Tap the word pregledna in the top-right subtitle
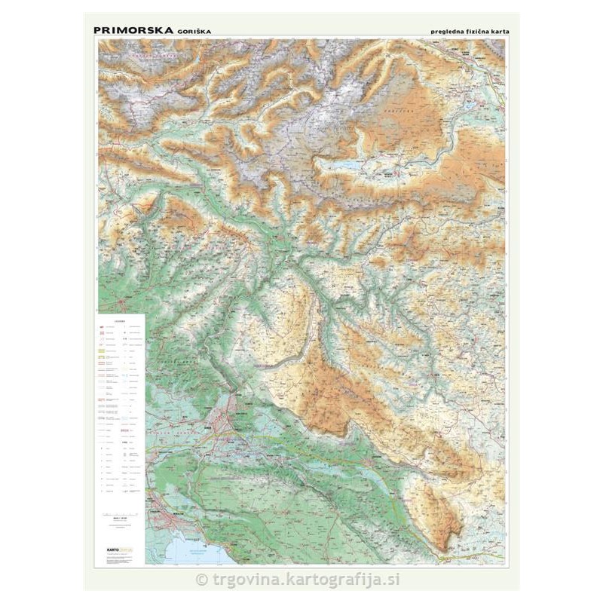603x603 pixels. [448, 31]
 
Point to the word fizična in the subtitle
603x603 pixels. [480, 31]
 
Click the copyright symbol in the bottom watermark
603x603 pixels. [200, 579]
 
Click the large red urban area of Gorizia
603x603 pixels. [225, 417]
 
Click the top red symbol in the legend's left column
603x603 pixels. [103, 330]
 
